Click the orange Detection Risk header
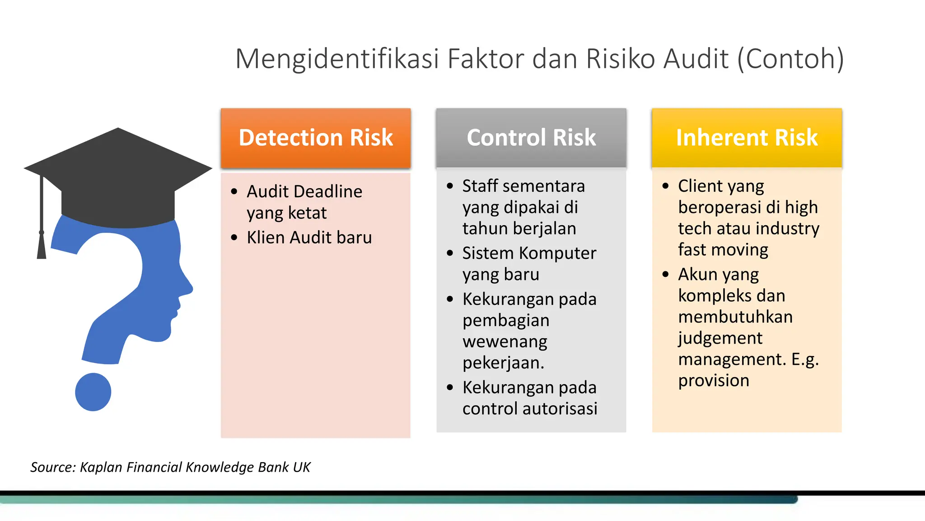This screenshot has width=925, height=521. click(x=315, y=137)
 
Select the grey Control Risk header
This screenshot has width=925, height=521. click(x=531, y=137)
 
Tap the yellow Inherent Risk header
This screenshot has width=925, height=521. click(x=747, y=137)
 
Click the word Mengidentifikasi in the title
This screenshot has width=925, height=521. click(x=337, y=59)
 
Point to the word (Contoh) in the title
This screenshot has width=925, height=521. click(x=790, y=59)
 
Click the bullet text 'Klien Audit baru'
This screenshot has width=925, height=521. click(x=309, y=237)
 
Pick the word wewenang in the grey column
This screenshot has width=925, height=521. click(x=505, y=341)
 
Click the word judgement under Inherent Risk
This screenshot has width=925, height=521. click(x=720, y=338)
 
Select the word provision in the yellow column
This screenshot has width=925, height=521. click(x=714, y=381)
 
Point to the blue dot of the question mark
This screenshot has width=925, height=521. click(x=93, y=392)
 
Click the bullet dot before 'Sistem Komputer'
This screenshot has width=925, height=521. click(x=450, y=253)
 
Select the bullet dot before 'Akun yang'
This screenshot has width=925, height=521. click(x=665, y=274)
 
